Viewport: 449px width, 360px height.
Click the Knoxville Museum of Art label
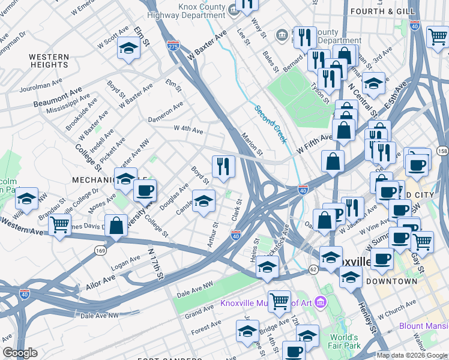point(267,302)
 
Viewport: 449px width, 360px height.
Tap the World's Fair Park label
point(343,342)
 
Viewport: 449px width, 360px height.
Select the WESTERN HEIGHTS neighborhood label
point(49,61)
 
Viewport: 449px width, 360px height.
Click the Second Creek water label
point(270,124)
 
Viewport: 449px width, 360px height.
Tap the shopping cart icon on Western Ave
point(59,226)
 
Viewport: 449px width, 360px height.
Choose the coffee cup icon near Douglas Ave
point(143,191)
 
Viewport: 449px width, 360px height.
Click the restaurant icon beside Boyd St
point(223,166)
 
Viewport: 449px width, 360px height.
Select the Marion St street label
point(252,145)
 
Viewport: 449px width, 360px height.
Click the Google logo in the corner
point(20,353)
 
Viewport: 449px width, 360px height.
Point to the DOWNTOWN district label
point(391,281)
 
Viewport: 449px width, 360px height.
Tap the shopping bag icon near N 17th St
point(116,225)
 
